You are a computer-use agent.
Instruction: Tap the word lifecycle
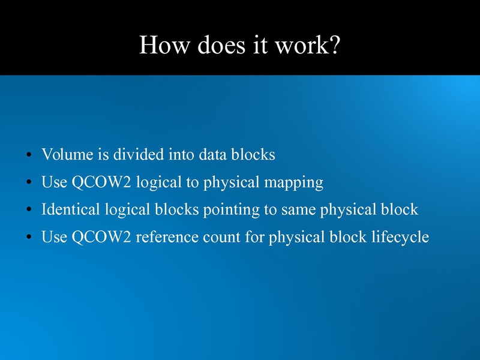[x=399, y=238]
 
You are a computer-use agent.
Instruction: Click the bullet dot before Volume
[x=29, y=156]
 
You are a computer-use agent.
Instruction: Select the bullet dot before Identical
[x=29, y=211]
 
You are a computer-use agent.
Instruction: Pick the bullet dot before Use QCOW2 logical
[x=29, y=184]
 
